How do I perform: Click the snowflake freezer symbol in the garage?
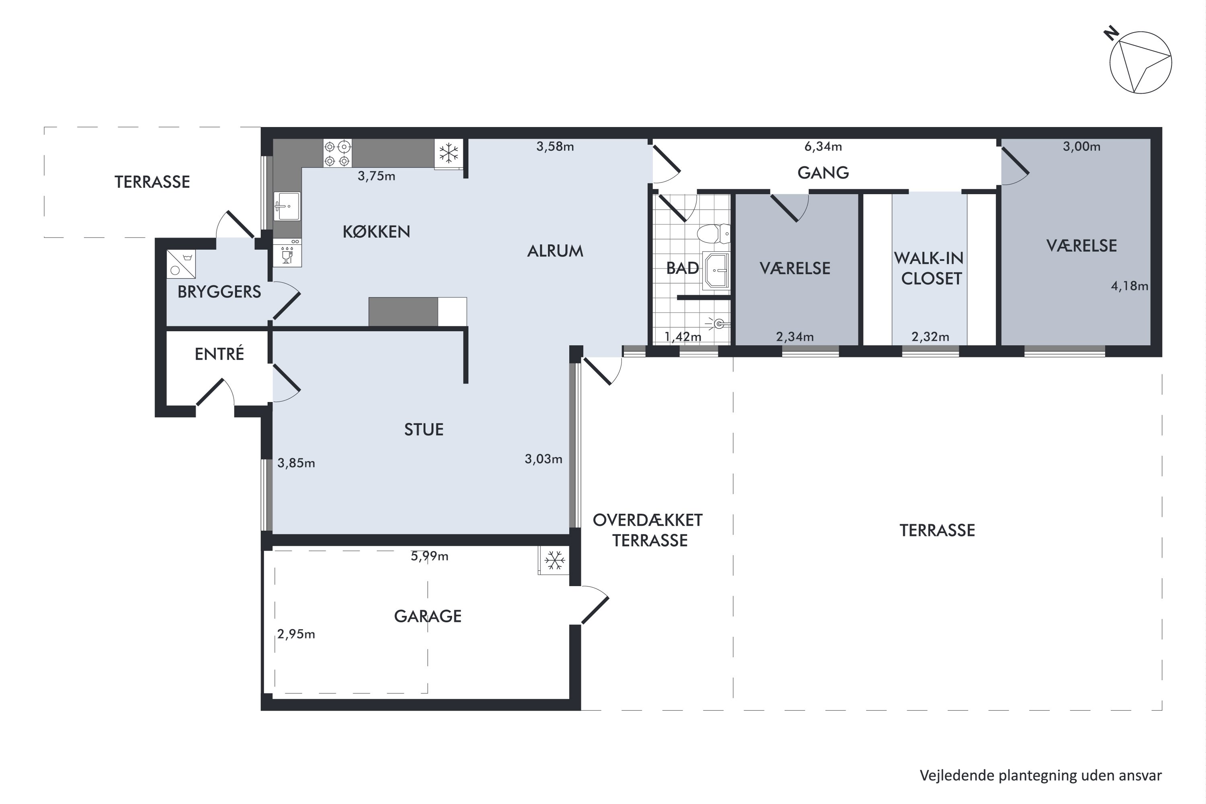554,560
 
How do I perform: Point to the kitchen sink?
287,207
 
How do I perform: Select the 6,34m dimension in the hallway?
823,147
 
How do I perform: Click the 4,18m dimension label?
1130,286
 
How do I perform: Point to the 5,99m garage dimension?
430,556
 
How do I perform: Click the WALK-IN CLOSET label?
929,268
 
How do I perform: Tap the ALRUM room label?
555,251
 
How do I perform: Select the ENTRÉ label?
219,353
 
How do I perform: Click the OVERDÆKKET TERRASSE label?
648,530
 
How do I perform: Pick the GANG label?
823,173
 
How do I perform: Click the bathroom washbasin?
716,270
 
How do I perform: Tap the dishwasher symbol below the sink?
287,252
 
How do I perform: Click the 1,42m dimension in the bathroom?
683,337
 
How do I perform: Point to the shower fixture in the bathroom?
718,323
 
